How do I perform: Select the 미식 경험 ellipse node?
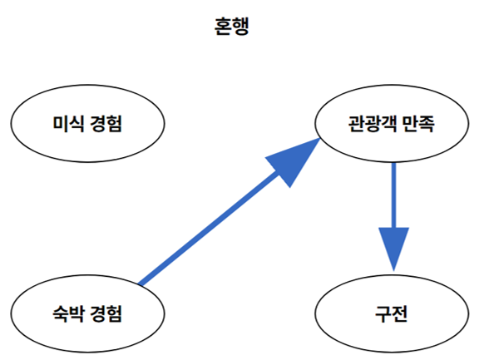point(87,126)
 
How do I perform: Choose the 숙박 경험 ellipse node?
point(87,313)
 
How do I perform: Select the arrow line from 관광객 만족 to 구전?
point(393,195)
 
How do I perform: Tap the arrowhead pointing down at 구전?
point(393,249)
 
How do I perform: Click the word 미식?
point(67,126)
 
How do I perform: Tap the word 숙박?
point(67,313)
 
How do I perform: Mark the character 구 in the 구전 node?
point(383,313)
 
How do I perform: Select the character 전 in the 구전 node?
point(402,313)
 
